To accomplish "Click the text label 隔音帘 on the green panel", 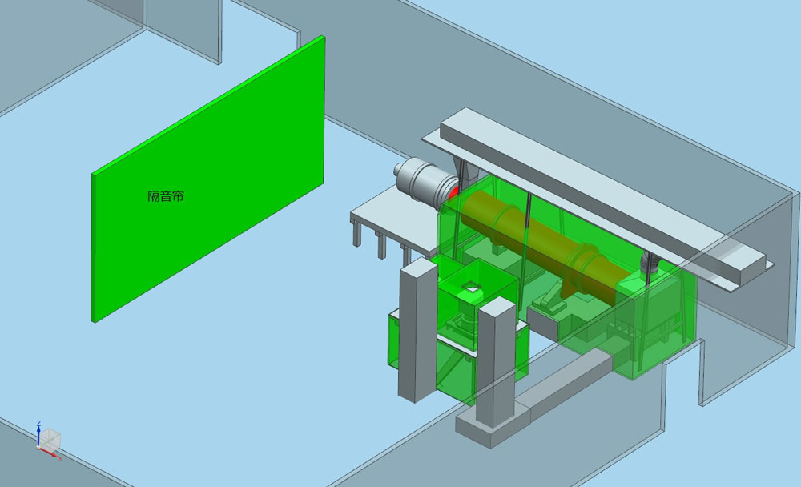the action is click(x=166, y=196).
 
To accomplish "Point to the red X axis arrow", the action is click(x=48, y=451).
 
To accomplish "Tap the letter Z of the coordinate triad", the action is click(x=38, y=423).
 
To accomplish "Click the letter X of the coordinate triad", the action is click(x=60, y=458).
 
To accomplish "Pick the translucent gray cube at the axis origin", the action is click(x=50, y=440).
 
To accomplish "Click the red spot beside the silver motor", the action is click(x=453, y=192).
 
